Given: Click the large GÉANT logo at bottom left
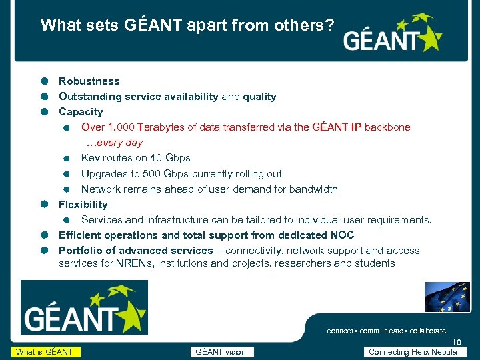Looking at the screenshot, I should pyautogui.click(x=84, y=307).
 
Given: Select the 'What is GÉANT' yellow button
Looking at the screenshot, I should pyautogui.click(x=45, y=352).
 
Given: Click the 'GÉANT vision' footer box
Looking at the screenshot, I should pyautogui.click(x=220, y=352).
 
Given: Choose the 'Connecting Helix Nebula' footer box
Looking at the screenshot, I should pyautogui.click(x=413, y=352).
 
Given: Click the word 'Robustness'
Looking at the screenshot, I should pyautogui.click(x=89, y=81).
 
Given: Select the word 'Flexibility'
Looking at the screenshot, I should pyautogui.click(x=83, y=205).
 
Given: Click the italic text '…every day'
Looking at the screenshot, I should pyautogui.click(x=114, y=143).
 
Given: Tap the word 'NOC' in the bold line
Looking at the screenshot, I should pyautogui.click(x=342, y=235).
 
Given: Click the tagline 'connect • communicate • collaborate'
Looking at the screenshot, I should pyautogui.click(x=386, y=331).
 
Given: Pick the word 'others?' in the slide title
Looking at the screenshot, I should pyautogui.click(x=309, y=25).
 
